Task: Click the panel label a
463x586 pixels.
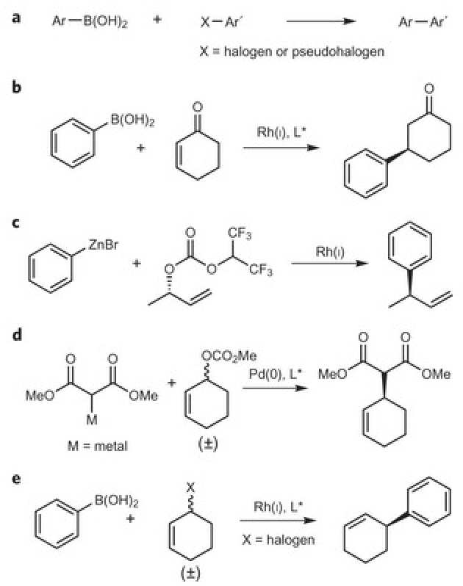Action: click(17, 16)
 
